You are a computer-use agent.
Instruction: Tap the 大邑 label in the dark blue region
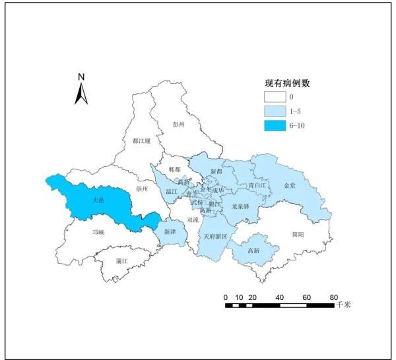[x=97, y=199]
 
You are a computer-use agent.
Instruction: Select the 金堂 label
[x=290, y=187]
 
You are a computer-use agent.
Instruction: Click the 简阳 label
[x=298, y=234]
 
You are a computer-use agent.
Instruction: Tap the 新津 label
[x=170, y=230]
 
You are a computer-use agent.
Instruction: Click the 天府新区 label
[x=215, y=236]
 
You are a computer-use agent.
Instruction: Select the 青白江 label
[x=257, y=186]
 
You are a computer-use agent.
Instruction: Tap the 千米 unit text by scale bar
[x=344, y=305]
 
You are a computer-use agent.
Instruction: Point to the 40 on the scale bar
[x=280, y=297]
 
